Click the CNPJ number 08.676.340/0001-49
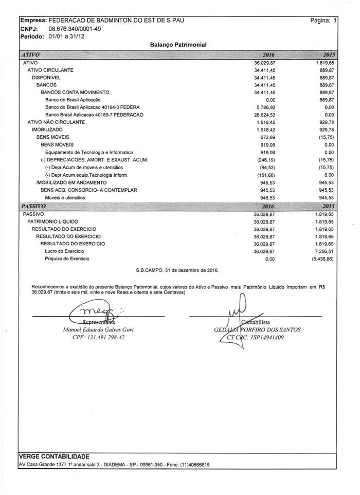[75, 29]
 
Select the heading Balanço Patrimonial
[178, 45]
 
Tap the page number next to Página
[335, 21]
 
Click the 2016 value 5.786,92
[265, 107]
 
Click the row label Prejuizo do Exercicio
[67, 259]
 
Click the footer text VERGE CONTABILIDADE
[54, 456]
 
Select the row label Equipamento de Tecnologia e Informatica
[89, 153]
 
